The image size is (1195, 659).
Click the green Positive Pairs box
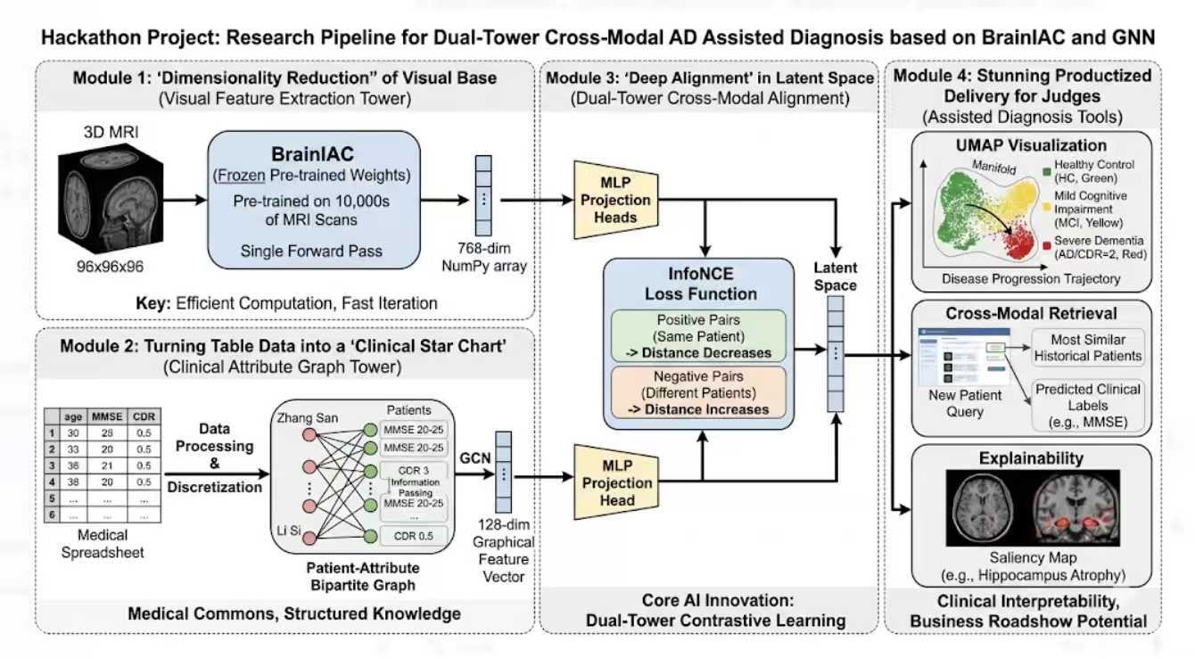(698, 334)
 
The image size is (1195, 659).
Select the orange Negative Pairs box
(698, 392)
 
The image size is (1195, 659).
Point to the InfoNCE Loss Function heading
(698, 284)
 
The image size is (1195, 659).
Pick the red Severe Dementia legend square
(1045, 243)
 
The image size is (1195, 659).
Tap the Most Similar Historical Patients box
(1088, 347)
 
